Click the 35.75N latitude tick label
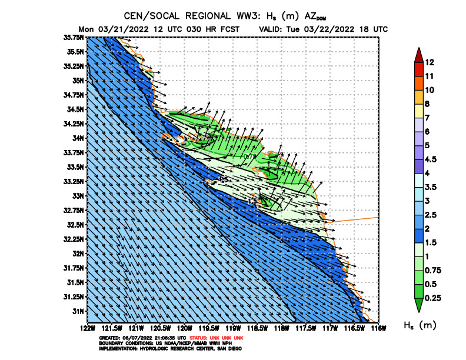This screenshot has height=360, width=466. [x=75, y=36]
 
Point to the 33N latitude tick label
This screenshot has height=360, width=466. [x=78, y=195]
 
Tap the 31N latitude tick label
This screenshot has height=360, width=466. [x=78, y=311]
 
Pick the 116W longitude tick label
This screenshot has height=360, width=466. [x=378, y=327]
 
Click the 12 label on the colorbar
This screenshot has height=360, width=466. [x=430, y=62]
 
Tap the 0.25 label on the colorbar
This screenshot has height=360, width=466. [x=432, y=299]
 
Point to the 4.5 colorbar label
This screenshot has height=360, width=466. [x=431, y=159]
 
